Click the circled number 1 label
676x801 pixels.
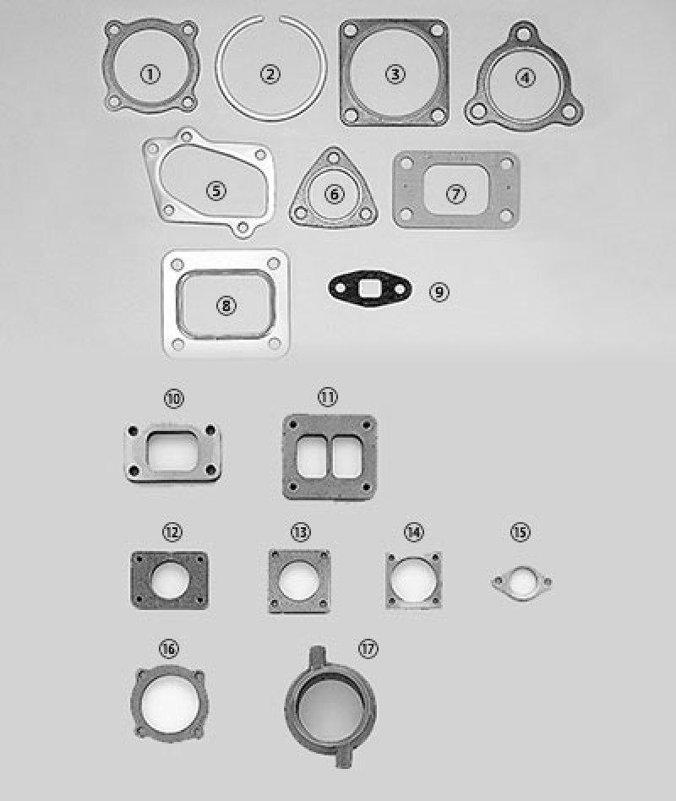click(150, 74)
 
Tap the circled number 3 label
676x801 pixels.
click(395, 74)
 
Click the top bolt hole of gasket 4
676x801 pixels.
click(525, 35)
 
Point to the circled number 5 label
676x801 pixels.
click(217, 190)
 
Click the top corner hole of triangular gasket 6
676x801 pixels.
click(335, 158)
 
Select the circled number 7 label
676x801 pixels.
click(456, 193)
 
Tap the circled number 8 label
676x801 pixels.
click(226, 305)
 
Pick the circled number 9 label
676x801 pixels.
click(439, 292)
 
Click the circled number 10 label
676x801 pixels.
click(174, 398)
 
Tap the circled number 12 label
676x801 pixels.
click(172, 531)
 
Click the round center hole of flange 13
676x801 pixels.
click(298, 581)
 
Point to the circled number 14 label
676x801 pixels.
click(413, 531)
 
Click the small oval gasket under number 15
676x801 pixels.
click(521, 582)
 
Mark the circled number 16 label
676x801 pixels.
click(168, 648)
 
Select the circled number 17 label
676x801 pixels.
click(367, 648)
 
